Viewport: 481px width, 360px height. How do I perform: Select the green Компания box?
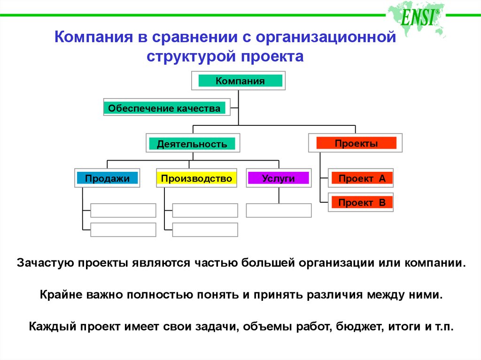point(240,81)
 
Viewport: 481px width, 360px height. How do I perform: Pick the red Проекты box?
point(356,143)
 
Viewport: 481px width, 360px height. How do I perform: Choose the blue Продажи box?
point(107,178)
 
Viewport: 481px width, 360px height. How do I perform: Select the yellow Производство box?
point(196,178)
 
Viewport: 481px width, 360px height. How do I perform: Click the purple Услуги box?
point(278,178)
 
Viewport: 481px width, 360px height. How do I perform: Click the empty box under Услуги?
point(279,210)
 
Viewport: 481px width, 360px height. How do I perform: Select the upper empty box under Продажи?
point(123,210)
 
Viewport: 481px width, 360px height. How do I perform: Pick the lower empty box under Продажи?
point(123,230)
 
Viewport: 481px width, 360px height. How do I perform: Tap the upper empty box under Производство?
point(205,210)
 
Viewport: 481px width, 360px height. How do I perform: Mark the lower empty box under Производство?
point(205,230)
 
